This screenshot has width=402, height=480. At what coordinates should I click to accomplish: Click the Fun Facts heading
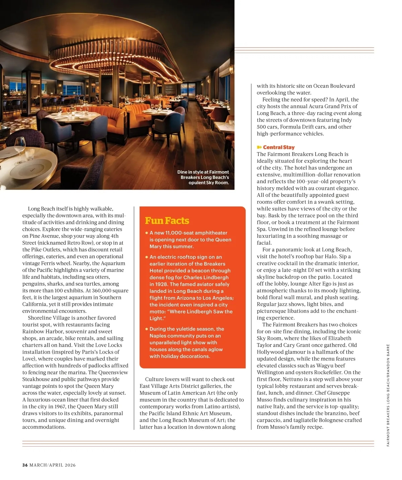pos(167,221)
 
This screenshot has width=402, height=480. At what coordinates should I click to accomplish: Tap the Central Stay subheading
pos(279,147)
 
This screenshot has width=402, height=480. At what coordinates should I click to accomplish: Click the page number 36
pos(25,465)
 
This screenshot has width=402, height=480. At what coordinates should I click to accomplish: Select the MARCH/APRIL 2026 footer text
pos(53,465)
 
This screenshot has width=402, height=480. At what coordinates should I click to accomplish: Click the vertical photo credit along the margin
pos(388,395)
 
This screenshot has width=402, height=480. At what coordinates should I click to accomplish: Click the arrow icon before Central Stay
pos(259,147)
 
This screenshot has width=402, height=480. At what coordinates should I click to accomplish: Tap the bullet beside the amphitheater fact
pos(147,233)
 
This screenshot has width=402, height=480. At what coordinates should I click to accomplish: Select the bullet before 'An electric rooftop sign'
pos(147,257)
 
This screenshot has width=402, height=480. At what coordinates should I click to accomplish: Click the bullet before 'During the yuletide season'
pos(147,329)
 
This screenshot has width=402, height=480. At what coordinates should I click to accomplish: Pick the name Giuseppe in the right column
pos(336,393)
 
